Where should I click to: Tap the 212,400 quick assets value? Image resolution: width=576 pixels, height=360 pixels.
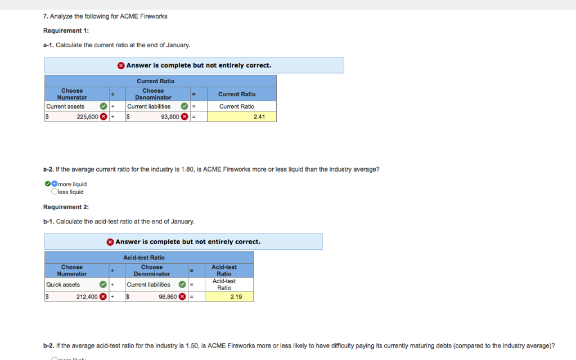[87, 296]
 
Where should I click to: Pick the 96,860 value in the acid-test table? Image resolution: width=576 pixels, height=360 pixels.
[168, 296]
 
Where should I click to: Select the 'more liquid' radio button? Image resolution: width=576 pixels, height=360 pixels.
[55, 184]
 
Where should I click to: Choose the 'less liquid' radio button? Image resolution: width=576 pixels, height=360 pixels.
[55, 192]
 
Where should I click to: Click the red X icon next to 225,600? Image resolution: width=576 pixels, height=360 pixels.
[103, 117]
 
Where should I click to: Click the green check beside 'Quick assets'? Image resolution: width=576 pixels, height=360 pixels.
[103, 285]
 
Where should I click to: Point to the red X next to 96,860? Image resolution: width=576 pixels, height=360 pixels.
[183, 296]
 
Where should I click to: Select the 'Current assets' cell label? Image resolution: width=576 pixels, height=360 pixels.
[65, 106]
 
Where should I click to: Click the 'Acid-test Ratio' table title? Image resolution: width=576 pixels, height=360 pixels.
[149, 258]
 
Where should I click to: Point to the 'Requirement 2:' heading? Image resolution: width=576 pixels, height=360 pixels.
[66, 207]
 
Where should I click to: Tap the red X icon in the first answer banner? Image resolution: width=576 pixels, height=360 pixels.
[121, 66]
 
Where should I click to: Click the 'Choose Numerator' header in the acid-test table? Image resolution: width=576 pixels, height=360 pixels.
[72, 271]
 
